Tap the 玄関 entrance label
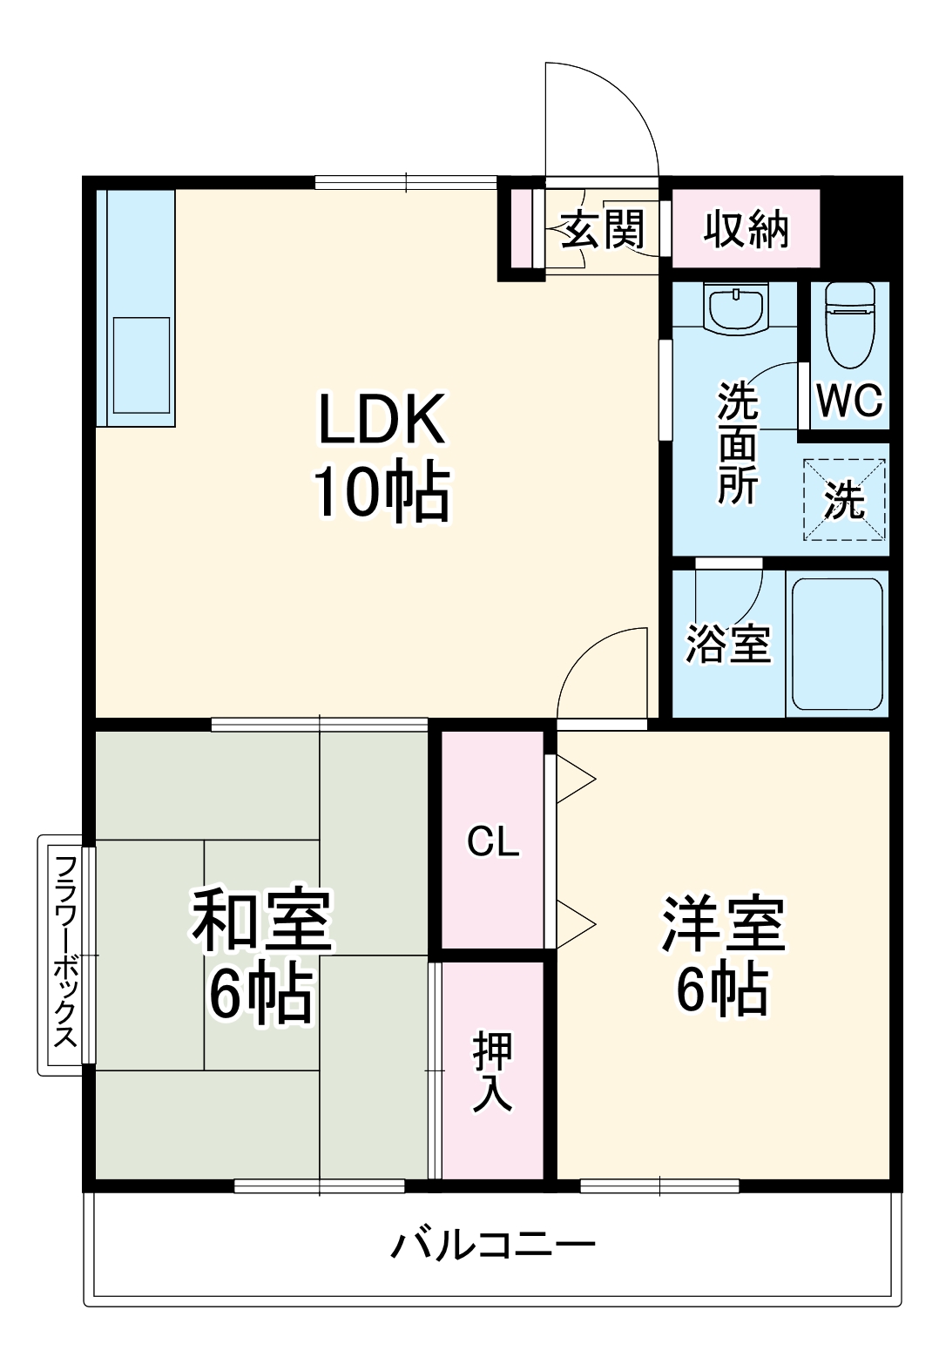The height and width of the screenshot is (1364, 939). click(x=603, y=229)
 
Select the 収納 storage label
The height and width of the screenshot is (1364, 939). click(x=746, y=229)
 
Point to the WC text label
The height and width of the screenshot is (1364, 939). click(x=849, y=402)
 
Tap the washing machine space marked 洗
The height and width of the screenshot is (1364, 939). click(x=843, y=499)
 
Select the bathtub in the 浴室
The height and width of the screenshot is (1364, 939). click(x=836, y=643)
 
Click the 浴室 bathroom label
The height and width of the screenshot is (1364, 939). click(x=727, y=644)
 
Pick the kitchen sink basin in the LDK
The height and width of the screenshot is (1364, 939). click(x=141, y=364)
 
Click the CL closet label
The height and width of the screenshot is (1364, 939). click(x=493, y=841)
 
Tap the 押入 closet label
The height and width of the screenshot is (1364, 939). click(x=493, y=1071)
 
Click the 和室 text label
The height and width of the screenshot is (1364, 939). click(x=261, y=921)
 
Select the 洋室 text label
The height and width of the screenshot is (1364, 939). click(x=723, y=923)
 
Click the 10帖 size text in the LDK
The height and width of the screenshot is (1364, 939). click(x=382, y=493)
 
